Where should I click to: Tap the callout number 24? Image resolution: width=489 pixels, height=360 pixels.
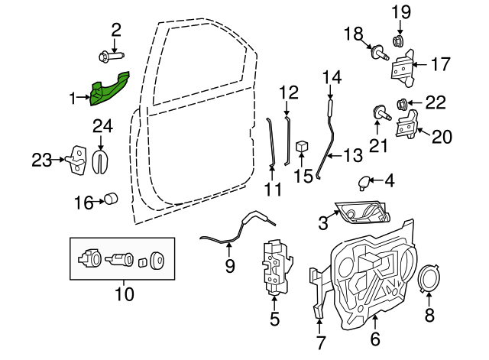(x=102, y=126)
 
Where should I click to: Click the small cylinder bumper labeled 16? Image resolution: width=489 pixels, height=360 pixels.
(x=112, y=200)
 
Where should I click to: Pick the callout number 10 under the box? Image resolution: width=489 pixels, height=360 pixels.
(x=123, y=294)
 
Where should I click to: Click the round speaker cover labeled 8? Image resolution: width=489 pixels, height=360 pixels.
(x=429, y=279)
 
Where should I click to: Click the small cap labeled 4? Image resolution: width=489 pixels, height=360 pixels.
(x=364, y=182)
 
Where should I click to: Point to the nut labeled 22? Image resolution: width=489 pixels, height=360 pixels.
(x=403, y=103)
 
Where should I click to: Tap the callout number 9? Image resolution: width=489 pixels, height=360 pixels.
(x=229, y=267)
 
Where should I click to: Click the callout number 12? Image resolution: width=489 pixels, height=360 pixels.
(x=288, y=93)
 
